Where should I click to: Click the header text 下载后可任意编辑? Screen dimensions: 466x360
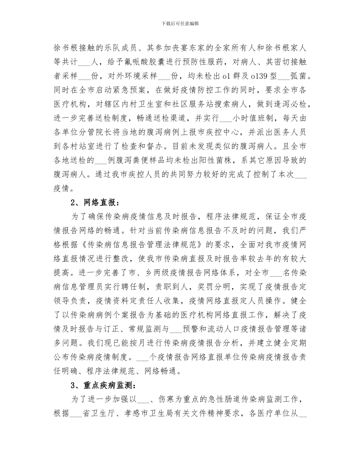180,23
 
